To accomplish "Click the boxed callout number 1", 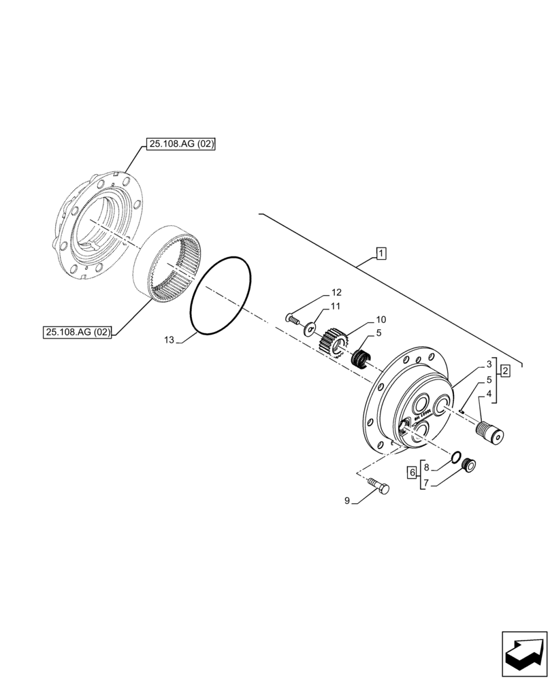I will pyautogui.click(x=381, y=254).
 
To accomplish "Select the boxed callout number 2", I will pyautogui.click(x=505, y=371).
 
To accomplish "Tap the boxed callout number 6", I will pyautogui.click(x=412, y=473).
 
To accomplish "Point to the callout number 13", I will pyautogui.click(x=170, y=339).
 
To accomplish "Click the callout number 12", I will pyautogui.click(x=336, y=292).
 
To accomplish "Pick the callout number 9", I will pyautogui.click(x=347, y=501).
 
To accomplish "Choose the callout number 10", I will pyautogui.click(x=381, y=319).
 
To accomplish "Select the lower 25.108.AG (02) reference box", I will pyautogui.click(x=79, y=332).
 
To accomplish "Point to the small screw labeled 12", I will pyautogui.click(x=292, y=318).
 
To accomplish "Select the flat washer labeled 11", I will pyautogui.click(x=311, y=329).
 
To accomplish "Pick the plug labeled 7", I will pyautogui.click(x=467, y=465).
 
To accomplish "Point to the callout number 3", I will pyautogui.click(x=489, y=365).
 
